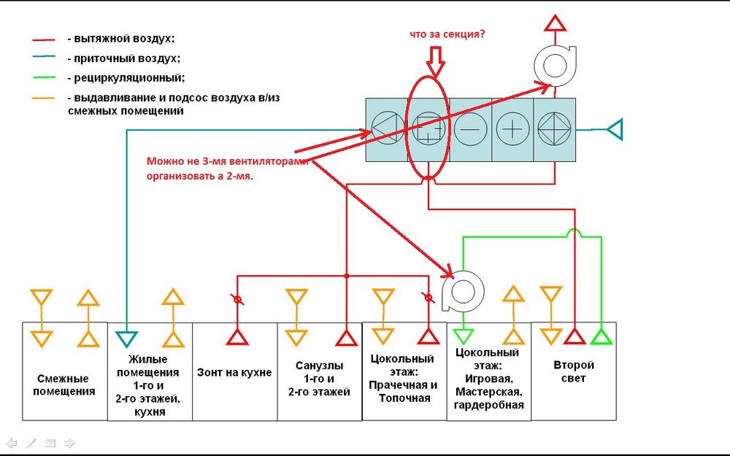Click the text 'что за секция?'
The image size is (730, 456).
[x=446, y=34]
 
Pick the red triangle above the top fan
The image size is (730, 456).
[x=555, y=22]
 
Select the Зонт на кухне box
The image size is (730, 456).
[x=234, y=372]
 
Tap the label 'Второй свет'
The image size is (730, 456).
[x=574, y=371]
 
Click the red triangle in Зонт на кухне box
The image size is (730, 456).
[x=237, y=336]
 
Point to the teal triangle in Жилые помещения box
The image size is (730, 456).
[x=128, y=338]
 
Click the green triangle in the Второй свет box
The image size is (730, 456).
[x=600, y=336]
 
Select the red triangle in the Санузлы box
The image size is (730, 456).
[x=345, y=336]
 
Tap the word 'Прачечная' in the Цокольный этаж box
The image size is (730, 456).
[x=403, y=384]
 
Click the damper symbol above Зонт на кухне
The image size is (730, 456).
[x=237, y=299]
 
